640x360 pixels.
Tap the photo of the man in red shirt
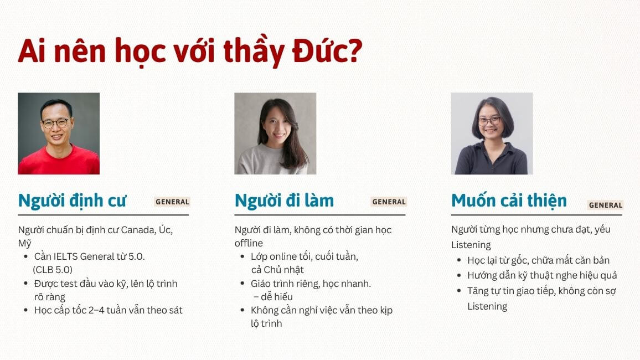click(x=59, y=133)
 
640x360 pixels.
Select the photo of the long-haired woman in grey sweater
click(x=275, y=133)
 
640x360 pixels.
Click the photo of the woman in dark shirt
click(x=492, y=133)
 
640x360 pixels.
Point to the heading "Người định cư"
click(x=72, y=200)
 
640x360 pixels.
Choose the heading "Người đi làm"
click(x=284, y=200)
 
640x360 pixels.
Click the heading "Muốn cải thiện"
click(x=509, y=200)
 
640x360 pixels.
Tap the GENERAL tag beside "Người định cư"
click(x=172, y=202)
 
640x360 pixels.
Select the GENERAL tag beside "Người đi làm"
click(x=389, y=202)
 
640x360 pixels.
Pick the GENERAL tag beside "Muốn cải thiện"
click(x=605, y=205)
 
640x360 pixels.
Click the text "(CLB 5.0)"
click(x=53, y=270)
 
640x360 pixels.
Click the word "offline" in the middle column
click(x=249, y=243)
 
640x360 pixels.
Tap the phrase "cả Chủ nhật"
click(x=277, y=270)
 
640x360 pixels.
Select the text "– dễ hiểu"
click(x=273, y=297)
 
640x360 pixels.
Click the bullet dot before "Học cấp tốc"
click(x=26, y=311)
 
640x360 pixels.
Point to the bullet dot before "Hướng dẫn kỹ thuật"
click(x=459, y=276)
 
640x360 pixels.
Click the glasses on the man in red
click(x=55, y=122)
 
